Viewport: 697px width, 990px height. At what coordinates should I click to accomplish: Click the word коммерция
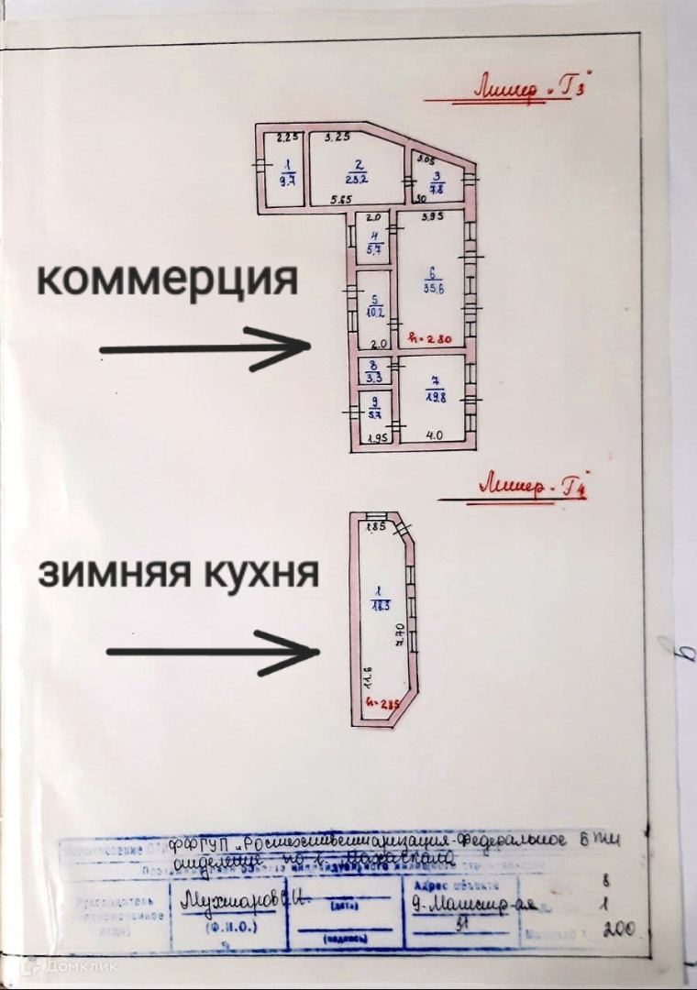168,280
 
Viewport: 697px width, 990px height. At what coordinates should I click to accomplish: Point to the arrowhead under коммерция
292,348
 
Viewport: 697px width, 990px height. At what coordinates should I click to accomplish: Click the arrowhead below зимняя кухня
299,652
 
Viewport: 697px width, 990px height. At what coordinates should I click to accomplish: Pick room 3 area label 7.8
437,190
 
